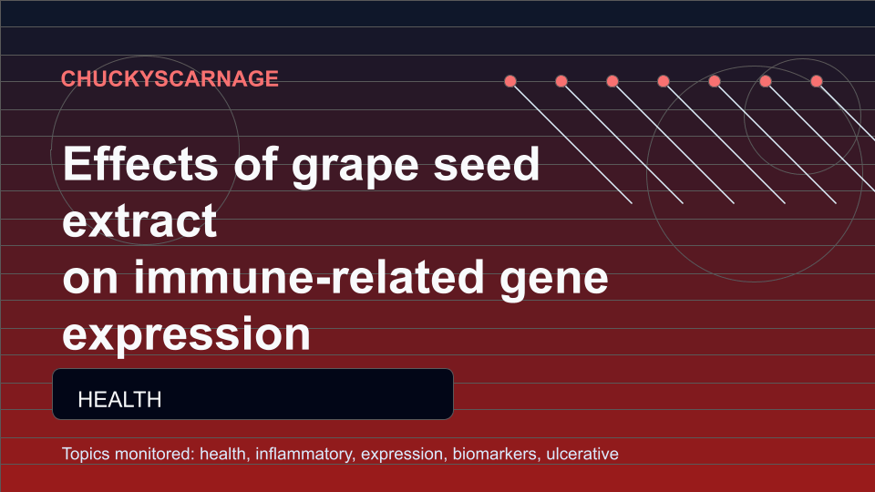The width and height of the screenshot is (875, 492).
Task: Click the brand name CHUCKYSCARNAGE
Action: coord(170,78)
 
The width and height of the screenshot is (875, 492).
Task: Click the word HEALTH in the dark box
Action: coord(120,399)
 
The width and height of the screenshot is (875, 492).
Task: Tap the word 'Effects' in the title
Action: coord(140,163)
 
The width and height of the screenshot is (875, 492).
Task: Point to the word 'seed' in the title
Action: coord(487,163)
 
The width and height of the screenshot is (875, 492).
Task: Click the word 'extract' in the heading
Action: coord(139,220)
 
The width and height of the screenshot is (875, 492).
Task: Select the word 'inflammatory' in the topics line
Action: coord(304,454)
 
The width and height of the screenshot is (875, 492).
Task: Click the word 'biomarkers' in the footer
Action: coord(496,454)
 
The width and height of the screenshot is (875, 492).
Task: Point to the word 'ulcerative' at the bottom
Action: coord(582,454)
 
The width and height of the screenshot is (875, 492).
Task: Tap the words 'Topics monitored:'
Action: coord(129,454)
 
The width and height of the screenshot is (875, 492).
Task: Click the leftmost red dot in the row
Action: coord(510,81)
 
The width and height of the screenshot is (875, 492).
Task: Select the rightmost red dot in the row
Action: coord(817,81)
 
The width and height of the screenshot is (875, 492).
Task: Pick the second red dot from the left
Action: coord(561,81)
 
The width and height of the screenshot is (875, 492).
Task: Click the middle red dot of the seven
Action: coord(664,81)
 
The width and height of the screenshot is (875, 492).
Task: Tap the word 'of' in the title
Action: coord(255,163)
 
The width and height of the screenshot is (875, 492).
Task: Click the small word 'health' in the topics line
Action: coord(223,454)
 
